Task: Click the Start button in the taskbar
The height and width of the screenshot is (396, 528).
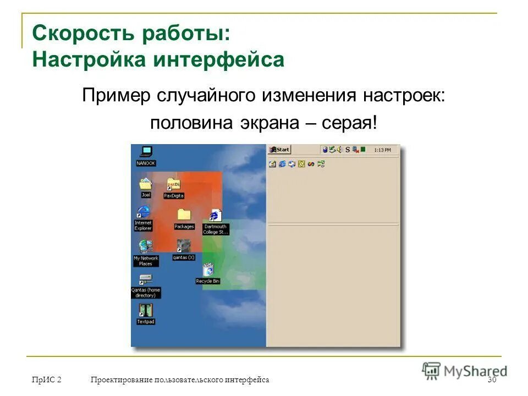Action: coord(279,150)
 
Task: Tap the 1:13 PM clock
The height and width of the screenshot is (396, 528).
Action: coord(382,150)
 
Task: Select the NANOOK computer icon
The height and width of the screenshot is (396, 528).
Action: coord(146,152)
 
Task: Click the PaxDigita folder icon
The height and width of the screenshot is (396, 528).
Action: coord(173,185)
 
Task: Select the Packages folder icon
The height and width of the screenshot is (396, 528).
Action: coord(184,215)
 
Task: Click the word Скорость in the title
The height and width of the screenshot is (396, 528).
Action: coord(82,34)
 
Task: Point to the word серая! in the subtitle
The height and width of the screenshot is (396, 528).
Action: coord(354,123)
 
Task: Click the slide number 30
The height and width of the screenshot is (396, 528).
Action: coord(492,380)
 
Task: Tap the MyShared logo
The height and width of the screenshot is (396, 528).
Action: coord(465,370)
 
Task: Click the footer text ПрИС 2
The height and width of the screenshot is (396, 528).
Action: coord(47,380)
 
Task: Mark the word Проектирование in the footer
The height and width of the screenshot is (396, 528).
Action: coord(122,380)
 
